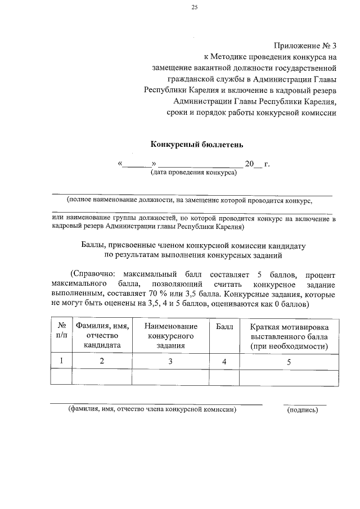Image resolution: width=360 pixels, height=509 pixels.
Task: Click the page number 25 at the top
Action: (x=194, y=7)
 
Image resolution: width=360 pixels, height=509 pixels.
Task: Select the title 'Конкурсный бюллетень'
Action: (x=196, y=145)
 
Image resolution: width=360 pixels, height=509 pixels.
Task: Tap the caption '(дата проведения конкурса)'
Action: (x=193, y=173)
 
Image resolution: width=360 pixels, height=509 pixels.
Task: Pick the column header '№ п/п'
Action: (x=62, y=331)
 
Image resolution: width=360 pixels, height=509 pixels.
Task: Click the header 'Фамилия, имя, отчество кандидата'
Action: (x=102, y=336)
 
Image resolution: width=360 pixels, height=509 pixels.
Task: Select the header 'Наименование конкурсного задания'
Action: (x=170, y=336)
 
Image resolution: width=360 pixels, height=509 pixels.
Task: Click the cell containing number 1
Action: (x=62, y=362)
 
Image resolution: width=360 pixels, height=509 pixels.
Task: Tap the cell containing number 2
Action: (x=102, y=362)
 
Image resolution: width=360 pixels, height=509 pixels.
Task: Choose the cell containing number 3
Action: (x=170, y=362)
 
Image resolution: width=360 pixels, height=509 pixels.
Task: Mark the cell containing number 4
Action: (x=224, y=362)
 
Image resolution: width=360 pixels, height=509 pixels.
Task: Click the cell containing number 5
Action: (x=289, y=362)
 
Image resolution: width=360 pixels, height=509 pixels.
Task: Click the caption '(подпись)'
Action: (x=303, y=410)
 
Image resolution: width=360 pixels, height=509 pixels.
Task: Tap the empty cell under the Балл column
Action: (x=224, y=377)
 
